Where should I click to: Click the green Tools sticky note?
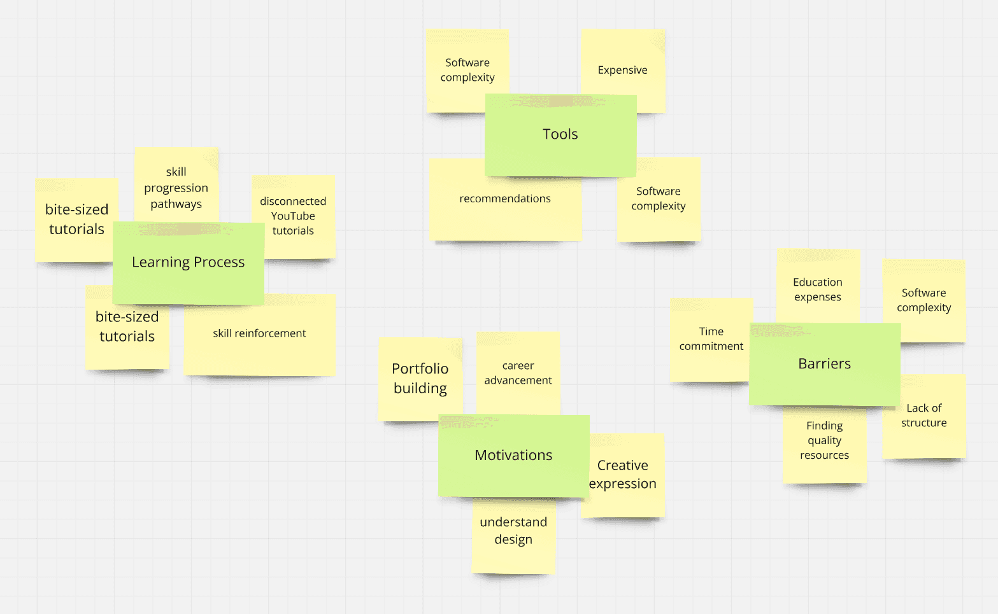pyautogui.click(x=560, y=135)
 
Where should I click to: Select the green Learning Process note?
pyautogui.click(x=188, y=263)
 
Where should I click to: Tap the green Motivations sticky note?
pyautogui.click(x=513, y=456)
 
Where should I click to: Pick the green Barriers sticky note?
pyautogui.click(x=824, y=364)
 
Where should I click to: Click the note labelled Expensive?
pyautogui.click(x=622, y=70)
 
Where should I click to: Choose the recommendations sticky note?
pyautogui.click(x=505, y=199)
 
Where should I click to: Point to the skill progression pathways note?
pyautogui.click(x=176, y=187)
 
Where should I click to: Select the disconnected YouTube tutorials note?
pyautogui.click(x=294, y=216)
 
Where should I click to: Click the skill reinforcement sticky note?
pyautogui.click(x=259, y=333)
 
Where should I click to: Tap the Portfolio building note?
pyautogui.click(x=420, y=379)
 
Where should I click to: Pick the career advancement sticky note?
pyautogui.click(x=518, y=373)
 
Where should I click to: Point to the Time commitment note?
pyautogui.click(x=711, y=339)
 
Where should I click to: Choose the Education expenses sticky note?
pyautogui.click(x=818, y=290)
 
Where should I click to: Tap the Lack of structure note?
pyautogui.click(x=924, y=415)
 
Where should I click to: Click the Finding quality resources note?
pyautogui.click(x=825, y=441)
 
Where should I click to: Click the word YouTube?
pyautogui.click(x=293, y=216)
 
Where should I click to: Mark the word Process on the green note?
pyautogui.click(x=219, y=263)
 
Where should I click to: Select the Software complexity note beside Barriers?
pyautogui.click(x=924, y=300)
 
